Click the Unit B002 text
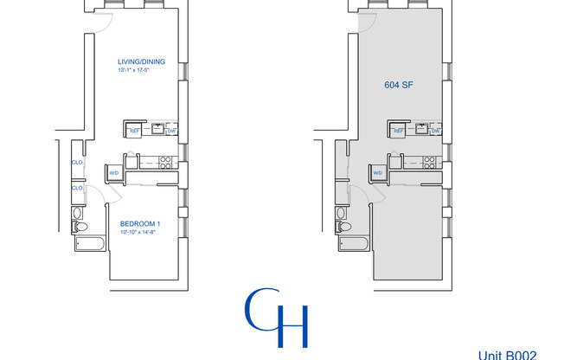[x=514, y=354]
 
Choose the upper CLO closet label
[x=77, y=162]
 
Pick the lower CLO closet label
[x=77, y=188]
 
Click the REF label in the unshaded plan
[x=135, y=131]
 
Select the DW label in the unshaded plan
[x=171, y=131]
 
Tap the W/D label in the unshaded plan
[x=114, y=173]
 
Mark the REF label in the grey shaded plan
[x=398, y=131]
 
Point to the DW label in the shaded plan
[x=435, y=131]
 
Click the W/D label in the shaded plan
[x=378, y=173]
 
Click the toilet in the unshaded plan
[x=80, y=227]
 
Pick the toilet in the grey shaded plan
[x=343, y=227]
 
